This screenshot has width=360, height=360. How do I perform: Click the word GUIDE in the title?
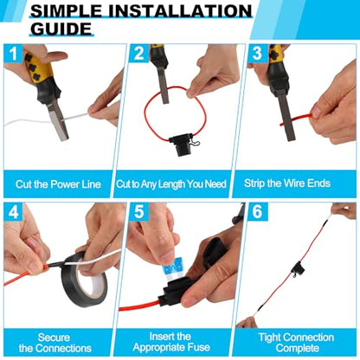61,29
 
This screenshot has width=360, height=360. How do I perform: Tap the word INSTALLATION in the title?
178,11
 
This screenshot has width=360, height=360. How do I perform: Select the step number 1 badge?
14,54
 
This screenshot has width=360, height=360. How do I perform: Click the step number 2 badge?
138,54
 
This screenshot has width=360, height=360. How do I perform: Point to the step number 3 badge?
257,54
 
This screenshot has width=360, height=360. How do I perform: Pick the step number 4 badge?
14,212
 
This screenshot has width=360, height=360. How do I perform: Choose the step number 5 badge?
138,212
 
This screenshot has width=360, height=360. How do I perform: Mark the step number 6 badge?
257,212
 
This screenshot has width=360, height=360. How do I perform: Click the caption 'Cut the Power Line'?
58,184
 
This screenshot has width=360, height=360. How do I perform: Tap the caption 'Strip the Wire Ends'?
287,183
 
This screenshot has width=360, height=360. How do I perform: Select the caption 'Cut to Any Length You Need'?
171,184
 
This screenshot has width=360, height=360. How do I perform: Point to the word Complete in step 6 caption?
297,348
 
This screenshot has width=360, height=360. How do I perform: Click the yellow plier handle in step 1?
37,68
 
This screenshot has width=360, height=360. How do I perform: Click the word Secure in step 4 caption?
54,337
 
